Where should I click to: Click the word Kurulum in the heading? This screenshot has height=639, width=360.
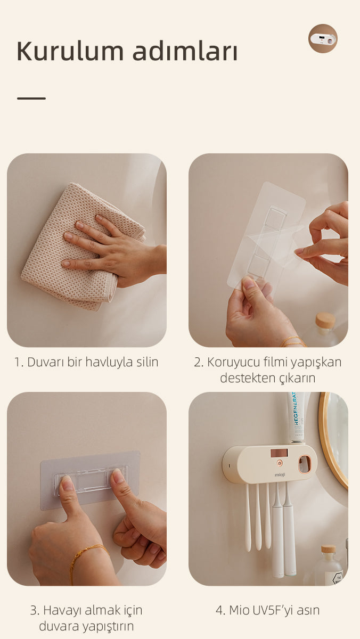(x=70, y=51)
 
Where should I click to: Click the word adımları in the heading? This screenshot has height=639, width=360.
(x=185, y=51)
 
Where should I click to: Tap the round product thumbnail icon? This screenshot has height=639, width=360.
(x=323, y=38)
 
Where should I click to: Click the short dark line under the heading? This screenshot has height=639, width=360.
(x=31, y=99)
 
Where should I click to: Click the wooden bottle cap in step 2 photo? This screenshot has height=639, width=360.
(x=325, y=320)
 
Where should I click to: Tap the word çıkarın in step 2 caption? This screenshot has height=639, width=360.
(x=297, y=378)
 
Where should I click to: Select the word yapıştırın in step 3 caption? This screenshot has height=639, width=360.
(x=108, y=626)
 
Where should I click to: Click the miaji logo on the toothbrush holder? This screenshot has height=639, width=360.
(x=280, y=474)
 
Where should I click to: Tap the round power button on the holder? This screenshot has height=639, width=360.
(x=279, y=463)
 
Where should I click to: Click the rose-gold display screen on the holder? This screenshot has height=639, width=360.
(x=279, y=453)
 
